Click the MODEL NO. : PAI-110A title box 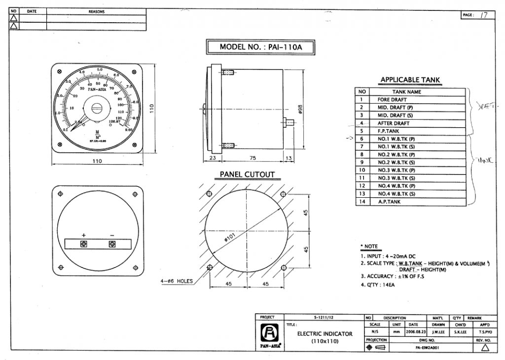(260, 47)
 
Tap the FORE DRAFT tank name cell (392, 100)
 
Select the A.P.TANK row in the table (389, 202)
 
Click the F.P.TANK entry (389, 131)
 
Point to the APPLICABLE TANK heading (410, 80)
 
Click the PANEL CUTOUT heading (247, 175)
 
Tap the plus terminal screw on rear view (84, 244)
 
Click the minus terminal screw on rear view (112, 244)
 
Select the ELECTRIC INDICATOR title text (325, 334)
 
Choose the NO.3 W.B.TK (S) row (396, 178)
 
